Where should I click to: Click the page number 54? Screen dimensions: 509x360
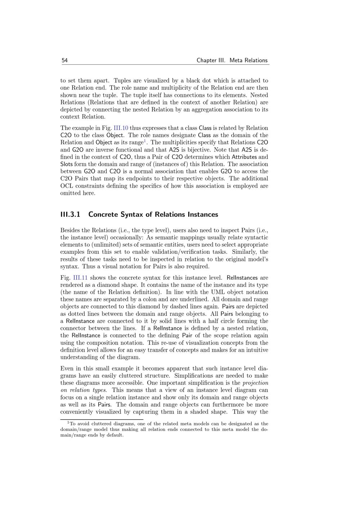(64, 60)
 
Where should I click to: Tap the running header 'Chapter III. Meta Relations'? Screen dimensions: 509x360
(232, 60)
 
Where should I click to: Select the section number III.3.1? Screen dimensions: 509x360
(70, 215)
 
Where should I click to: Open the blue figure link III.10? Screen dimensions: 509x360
(121, 128)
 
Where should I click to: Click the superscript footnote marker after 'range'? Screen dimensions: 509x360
(145, 140)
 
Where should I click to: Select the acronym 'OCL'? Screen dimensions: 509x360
(67, 186)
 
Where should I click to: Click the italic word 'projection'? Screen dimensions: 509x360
(255, 383)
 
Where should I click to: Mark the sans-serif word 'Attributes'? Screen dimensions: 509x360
(244, 157)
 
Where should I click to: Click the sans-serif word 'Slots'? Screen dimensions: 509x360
(67, 164)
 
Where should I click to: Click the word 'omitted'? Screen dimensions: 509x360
(71, 193)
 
